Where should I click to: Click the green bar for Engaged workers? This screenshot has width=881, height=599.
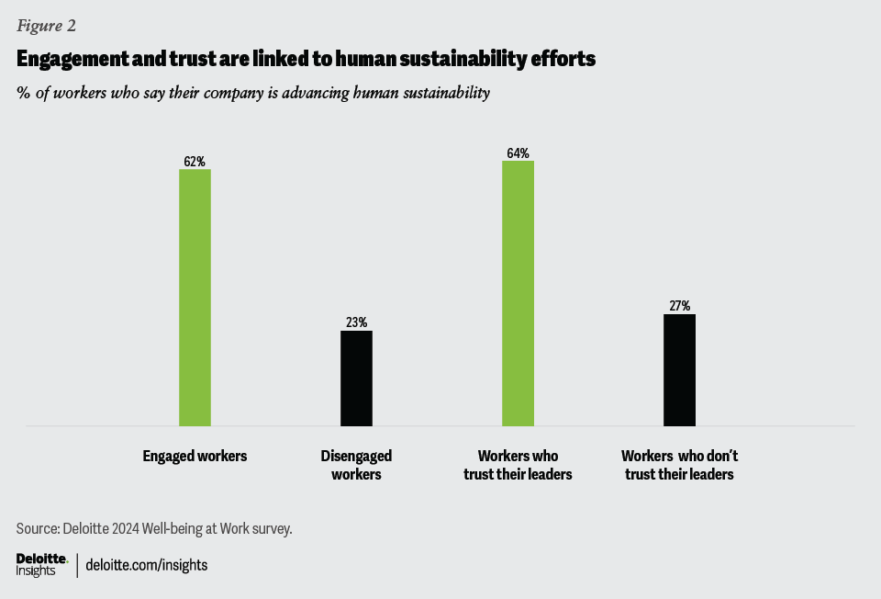tap(195, 298)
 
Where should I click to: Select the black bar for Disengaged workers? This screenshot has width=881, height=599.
tap(356, 379)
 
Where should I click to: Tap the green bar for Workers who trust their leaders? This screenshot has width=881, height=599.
tap(518, 294)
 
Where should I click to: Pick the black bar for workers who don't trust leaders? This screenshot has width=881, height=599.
tap(679, 370)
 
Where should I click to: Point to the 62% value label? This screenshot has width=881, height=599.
tap(195, 162)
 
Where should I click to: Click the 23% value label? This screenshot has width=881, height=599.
tap(356, 322)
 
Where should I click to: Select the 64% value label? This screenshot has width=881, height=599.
tap(518, 153)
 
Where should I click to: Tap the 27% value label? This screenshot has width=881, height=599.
tap(679, 306)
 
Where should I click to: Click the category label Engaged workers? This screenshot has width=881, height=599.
tap(195, 456)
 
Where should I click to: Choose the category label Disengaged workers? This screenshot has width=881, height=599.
tap(356, 465)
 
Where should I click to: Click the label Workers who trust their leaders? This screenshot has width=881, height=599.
tap(518, 465)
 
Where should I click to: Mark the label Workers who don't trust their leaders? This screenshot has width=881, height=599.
tap(679, 465)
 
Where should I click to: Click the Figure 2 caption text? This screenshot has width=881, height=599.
tap(46, 26)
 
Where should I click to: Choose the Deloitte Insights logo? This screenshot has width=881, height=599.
tap(41, 564)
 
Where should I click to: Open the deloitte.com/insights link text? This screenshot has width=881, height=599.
tap(146, 565)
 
